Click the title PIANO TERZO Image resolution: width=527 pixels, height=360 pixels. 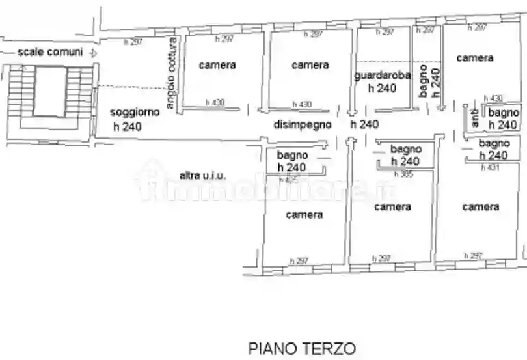tap(302, 348)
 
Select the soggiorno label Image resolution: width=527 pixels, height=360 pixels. tap(135, 112)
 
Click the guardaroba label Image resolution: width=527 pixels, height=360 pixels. tap(383, 76)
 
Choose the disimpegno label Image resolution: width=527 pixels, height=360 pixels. tap(303, 124)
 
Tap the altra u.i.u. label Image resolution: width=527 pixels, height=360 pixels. tap(202, 175)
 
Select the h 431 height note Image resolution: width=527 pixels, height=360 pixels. tap(489, 168)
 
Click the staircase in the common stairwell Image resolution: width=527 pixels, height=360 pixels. tap(50, 91)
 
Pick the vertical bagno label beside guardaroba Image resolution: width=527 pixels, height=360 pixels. tap(424, 81)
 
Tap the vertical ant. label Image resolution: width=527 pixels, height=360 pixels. tap(474, 118)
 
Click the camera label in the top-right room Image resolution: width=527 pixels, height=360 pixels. tap(474, 58)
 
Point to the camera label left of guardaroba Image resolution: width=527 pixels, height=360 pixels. tap(310, 65)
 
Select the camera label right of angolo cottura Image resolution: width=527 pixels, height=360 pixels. tap(217, 65)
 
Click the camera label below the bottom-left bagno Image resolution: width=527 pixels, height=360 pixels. tap(304, 215)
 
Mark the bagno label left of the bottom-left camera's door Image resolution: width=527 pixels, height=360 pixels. tap(292, 156)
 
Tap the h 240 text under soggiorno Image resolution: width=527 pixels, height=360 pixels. tap(128, 127)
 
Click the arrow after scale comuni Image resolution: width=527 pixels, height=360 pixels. tap(93, 53)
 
